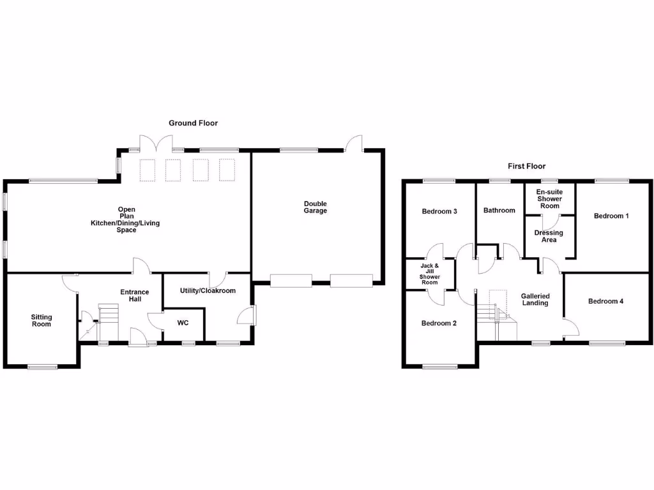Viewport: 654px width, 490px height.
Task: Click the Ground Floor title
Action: click(193, 123)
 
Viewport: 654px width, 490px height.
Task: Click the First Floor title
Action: click(526, 167)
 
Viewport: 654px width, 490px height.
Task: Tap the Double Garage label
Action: click(316, 207)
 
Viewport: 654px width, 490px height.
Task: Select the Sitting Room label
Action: click(42, 320)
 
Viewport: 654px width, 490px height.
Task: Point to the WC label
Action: click(183, 323)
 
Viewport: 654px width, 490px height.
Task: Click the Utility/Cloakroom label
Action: click(208, 291)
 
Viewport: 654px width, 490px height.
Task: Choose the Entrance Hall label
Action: click(134, 295)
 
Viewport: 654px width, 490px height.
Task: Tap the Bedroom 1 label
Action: click(611, 216)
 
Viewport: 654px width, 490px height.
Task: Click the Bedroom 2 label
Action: click(439, 323)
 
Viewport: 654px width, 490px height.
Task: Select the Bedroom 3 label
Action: click(439, 211)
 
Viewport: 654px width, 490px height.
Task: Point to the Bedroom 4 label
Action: click(605, 301)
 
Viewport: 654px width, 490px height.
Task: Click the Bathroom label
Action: click(499, 211)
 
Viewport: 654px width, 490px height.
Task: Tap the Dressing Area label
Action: click(549, 236)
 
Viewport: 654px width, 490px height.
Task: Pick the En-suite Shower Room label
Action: click(549, 199)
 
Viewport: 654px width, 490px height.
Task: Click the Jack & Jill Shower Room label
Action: click(430, 274)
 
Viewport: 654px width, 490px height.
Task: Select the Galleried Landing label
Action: click(535, 300)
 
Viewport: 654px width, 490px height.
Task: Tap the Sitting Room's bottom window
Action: click(43, 367)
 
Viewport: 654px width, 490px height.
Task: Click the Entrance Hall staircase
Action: click(109, 322)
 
